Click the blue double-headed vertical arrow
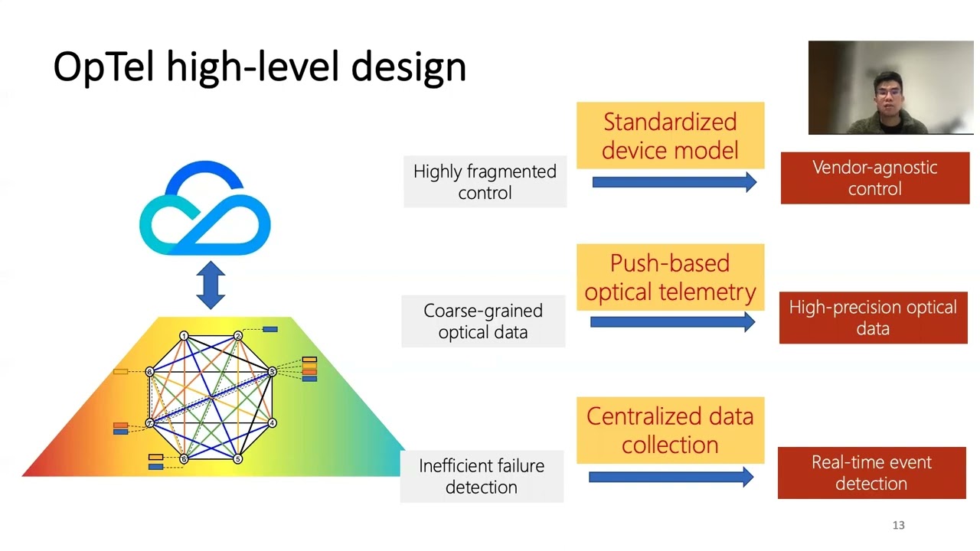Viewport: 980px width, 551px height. (x=211, y=285)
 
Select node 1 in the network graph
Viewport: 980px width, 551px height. (x=184, y=336)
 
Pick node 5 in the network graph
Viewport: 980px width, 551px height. (x=237, y=458)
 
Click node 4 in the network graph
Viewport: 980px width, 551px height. (x=272, y=422)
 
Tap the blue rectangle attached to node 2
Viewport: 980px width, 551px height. (x=269, y=330)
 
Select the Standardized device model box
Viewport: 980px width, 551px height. (x=670, y=135)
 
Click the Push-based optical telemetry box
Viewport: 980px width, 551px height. (x=670, y=277)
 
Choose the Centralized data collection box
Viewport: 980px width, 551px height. (x=670, y=430)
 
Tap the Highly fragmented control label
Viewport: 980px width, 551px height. (x=485, y=182)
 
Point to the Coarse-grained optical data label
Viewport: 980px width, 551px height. (x=483, y=321)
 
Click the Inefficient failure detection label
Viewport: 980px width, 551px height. (x=482, y=476)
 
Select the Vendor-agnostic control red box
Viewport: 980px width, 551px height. (x=874, y=178)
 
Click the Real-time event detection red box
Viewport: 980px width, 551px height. (x=871, y=473)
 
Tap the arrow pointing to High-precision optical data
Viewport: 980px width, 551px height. (x=672, y=322)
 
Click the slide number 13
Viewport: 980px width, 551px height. (x=898, y=525)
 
